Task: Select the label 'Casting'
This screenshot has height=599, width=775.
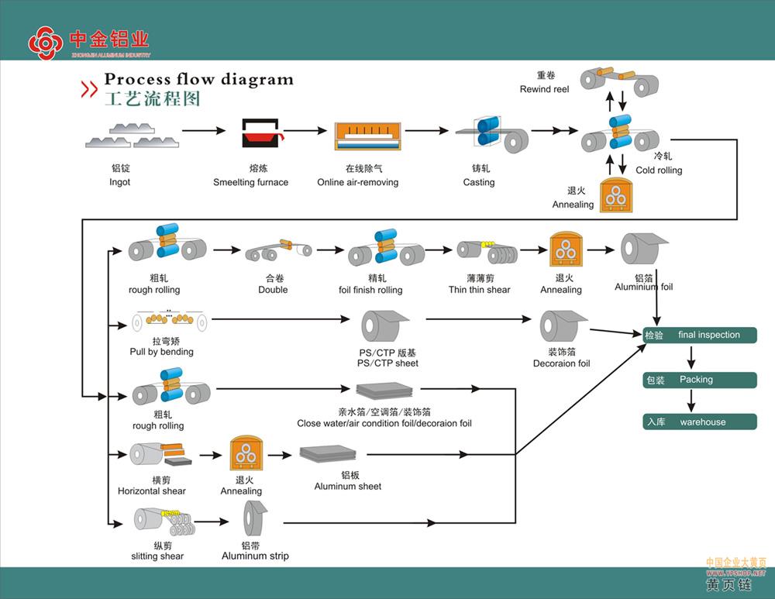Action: (479, 182)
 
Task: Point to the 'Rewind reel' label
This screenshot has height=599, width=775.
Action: (544, 89)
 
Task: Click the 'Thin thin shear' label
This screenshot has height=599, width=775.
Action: (479, 290)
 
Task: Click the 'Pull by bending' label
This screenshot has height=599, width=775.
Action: (162, 352)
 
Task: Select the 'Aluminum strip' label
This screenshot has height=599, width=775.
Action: (255, 556)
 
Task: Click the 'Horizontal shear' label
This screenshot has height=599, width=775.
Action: (152, 491)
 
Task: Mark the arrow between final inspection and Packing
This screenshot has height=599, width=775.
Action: (691, 357)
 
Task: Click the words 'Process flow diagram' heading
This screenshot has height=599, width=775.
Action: (199, 79)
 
